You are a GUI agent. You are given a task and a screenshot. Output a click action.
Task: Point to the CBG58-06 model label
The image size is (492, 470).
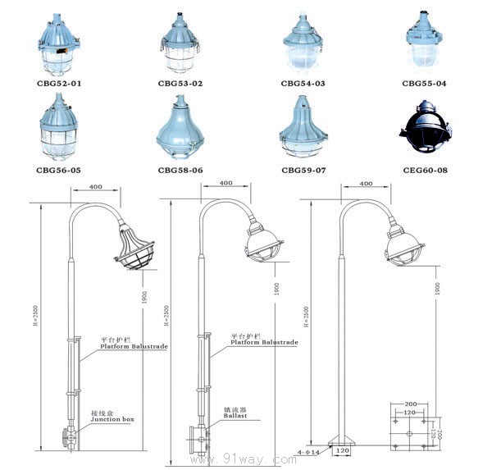[180, 170]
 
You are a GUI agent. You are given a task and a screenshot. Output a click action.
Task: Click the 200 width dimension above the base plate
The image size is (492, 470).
[410, 404]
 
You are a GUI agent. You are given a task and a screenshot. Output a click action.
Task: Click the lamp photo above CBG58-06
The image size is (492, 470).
[180, 129]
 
